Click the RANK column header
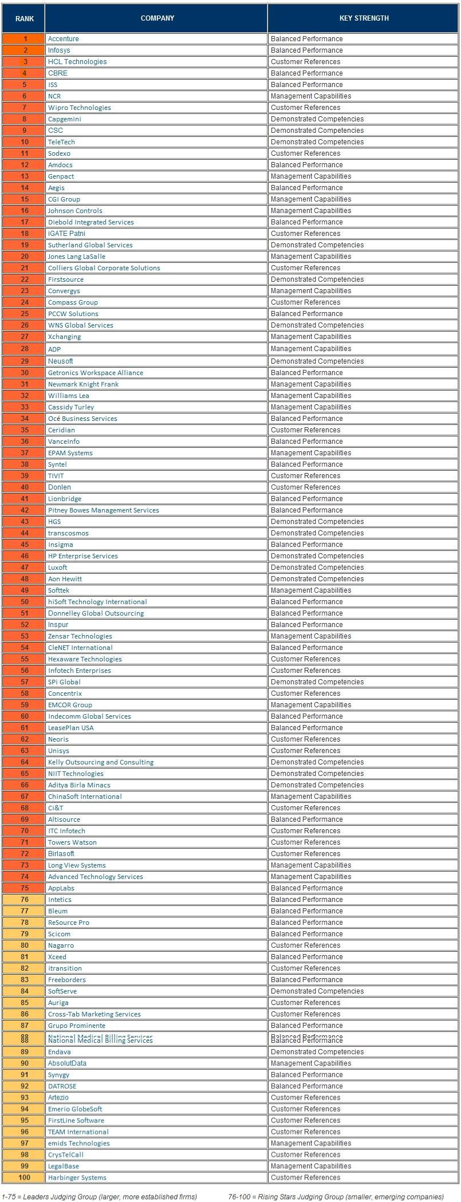[x=24, y=18]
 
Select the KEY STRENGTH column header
[x=364, y=18]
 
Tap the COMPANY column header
[x=157, y=18]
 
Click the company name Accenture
[x=64, y=39]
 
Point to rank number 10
[x=25, y=142]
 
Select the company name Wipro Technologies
[x=80, y=108]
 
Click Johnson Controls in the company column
[x=75, y=211]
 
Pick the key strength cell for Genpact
[x=311, y=176]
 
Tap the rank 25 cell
[x=25, y=314]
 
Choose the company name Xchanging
[x=64, y=337]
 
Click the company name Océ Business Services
[x=82, y=419]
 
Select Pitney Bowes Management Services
[x=104, y=510]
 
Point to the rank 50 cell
[x=25, y=602]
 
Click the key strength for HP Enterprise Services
[x=317, y=556]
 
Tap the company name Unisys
[x=58, y=751]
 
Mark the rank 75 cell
[x=25, y=888]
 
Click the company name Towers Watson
[x=72, y=842]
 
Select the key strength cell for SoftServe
[x=317, y=991]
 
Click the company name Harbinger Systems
[x=77, y=1177]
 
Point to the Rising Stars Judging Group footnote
[x=336, y=1196]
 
